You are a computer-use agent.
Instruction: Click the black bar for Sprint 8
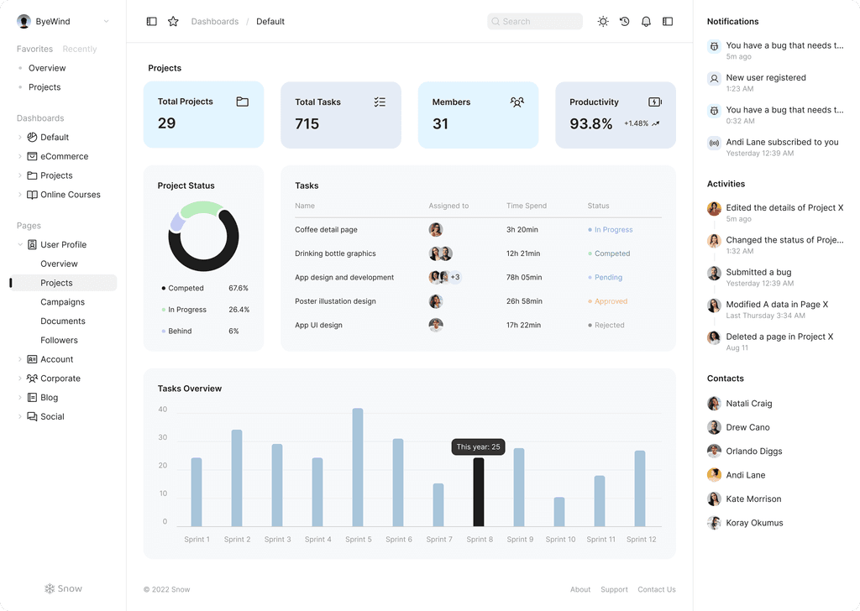pyautogui.click(x=479, y=492)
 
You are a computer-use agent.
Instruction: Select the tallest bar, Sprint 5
pyautogui.click(x=358, y=467)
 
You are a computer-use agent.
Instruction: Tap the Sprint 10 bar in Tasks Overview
pyautogui.click(x=559, y=512)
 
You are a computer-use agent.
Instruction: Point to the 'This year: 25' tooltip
pyautogui.click(x=478, y=446)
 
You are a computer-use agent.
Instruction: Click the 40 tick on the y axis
pyautogui.click(x=163, y=410)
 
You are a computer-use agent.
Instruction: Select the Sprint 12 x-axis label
pyautogui.click(x=641, y=540)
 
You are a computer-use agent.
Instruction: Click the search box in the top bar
pyautogui.click(x=535, y=22)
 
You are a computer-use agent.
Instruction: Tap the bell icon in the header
pyautogui.click(x=646, y=22)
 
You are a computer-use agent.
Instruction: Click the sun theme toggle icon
pyautogui.click(x=603, y=22)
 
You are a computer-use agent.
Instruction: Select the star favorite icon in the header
pyautogui.click(x=173, y=22)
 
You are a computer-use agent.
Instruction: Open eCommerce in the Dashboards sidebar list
pyautogui.click(x=64, y=156)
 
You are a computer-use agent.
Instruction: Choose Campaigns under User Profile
pyautogui.click(x=62, y=302)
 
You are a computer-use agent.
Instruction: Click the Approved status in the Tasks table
pyautogui.click(x=611, y=301)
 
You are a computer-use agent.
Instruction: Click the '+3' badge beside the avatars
pyautogui.click(x=455, y=277)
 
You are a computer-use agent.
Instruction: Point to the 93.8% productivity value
pyautogui.click(x=591, y=124)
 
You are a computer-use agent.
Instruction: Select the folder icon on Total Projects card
pyautogui.click(x=242, y=102)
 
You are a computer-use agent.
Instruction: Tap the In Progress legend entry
pyautogui.click(x=186, y=310)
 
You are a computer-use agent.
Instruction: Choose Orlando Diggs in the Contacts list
pyautogui.click(x=753, y=452)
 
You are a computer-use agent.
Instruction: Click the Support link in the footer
pyautogui.click(x=614, y=589)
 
